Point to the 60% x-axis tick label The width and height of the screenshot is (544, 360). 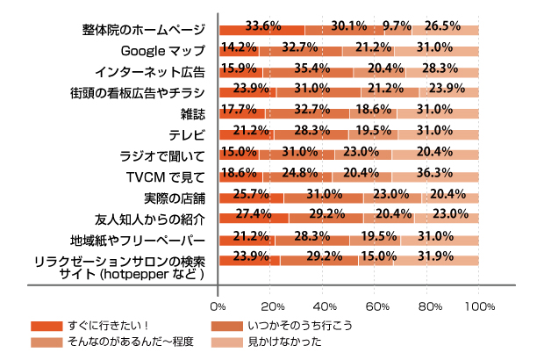point(376,306)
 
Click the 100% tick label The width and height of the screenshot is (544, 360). point(479,306)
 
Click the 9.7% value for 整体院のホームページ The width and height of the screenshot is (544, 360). point(397,25)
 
